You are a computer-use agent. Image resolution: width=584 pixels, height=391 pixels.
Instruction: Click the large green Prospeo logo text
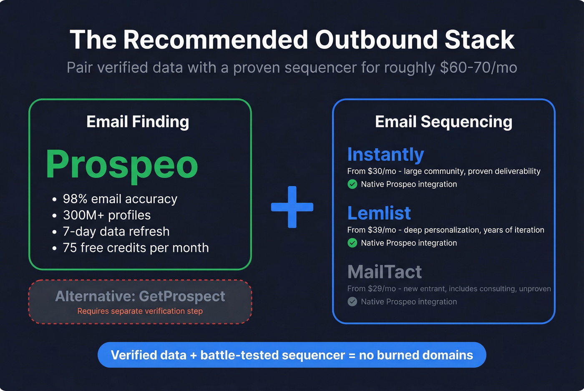tap(122, 165)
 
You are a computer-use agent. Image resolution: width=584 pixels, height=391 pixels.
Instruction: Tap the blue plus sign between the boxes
tap(292, 207)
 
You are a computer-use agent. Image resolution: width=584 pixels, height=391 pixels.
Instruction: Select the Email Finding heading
tap(138, 122)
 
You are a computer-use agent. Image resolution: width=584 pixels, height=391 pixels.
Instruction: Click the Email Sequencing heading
tap(443, 122)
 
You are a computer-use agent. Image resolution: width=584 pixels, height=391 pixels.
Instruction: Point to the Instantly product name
tap(385, 154)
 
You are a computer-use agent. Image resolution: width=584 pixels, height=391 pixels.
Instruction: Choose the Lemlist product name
tap(379, 213)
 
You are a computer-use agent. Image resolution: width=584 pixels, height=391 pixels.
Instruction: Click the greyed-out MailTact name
tap(384, 272)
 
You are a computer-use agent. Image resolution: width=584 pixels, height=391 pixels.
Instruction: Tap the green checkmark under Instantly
tap(352, 184)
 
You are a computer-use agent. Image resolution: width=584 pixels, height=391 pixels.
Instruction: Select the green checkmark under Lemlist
tap(352, 243)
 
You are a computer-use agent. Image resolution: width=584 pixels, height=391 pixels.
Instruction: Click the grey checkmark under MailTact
tap(352, 301)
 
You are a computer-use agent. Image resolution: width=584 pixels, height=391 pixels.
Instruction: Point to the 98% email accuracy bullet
tap(120, 199)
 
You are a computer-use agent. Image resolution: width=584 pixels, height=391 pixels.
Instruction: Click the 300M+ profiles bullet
tap(106, 215)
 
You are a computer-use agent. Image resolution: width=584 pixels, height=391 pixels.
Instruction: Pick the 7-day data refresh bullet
tap(116, 232)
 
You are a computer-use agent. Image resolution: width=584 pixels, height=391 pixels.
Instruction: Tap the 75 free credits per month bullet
tap(136, 248)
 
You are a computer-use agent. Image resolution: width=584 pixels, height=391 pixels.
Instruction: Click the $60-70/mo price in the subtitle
tap(478, 67)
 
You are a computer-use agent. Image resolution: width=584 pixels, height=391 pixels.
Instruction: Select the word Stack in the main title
tap(479, 40)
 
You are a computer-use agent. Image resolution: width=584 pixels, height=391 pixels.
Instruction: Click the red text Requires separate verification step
tap(140, 311)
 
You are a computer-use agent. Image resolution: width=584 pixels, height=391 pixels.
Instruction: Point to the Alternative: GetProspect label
tap(140, 296)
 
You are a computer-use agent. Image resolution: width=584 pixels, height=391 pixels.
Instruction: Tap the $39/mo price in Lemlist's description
tap(382, 230)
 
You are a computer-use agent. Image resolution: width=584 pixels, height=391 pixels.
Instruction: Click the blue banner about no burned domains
tap(292, 355)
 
